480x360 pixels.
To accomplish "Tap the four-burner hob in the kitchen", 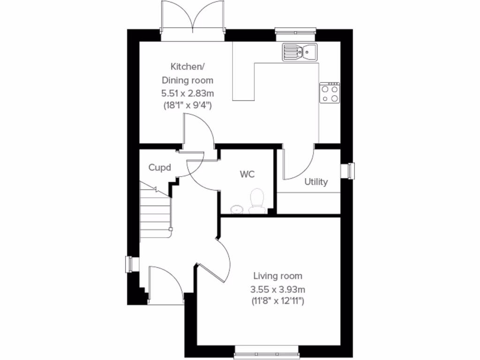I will coord(330,93).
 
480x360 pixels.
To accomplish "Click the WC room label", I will coord(247,174).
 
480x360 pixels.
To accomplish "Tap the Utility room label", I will coord(316,182).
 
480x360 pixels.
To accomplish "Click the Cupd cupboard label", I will coord(159,167).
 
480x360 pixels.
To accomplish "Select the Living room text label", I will coord(278,276).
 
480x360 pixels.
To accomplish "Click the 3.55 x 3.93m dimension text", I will coord(278,289).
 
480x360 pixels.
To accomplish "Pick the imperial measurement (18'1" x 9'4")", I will coord(187,105).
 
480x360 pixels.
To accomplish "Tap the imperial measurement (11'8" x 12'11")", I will coord(278,301).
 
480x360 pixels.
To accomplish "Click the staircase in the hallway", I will coord(155,213).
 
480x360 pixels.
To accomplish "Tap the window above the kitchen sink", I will coord(295,31).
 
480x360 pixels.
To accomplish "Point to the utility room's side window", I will coord(350,171).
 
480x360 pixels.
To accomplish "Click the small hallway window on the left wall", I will coord(129,264).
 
